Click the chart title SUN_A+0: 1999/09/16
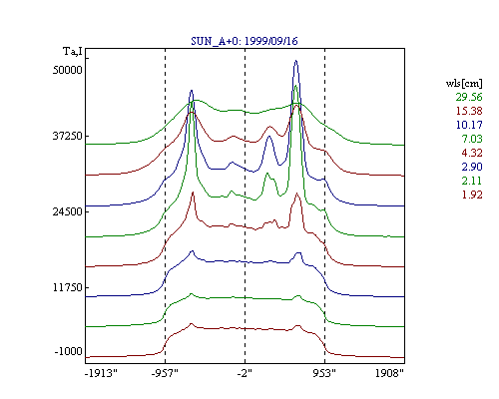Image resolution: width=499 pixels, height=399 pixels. (x=245, y=41)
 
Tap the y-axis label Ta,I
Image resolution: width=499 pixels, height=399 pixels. (x=73, y=52)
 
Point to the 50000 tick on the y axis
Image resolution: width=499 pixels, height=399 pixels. (x=68, y=70)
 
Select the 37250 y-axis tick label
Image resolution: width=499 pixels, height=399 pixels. (x=68, y=136)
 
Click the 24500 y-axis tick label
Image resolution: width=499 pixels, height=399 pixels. (x=68, y=211)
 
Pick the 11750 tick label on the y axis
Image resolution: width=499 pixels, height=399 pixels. (x=68, y=287)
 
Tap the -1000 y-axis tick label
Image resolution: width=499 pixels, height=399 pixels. (x=69, y=351)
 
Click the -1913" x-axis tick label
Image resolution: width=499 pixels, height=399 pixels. (x=101, y=373)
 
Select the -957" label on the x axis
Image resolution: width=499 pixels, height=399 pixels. (x=165, y=373)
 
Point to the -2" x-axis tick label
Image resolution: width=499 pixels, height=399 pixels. (x=245, y=373)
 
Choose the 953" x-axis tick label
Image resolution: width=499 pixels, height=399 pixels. (x=324, y=373)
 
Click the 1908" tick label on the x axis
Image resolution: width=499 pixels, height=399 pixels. (x=389, y=373)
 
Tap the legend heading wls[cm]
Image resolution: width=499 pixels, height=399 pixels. (x=464, y=83)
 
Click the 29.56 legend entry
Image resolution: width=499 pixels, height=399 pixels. (x=469, y=97)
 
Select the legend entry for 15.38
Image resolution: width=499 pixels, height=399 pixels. (x=469, y=111)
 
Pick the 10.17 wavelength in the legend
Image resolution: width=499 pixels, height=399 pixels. (x=469, y=125)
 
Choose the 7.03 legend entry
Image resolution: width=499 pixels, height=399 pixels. (x=472, y=139)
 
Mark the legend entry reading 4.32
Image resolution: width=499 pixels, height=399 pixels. (x=472, y=153)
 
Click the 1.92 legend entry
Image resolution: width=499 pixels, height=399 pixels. (x=472, y=195)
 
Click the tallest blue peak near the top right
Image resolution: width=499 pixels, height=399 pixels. (x=295, y=61)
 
